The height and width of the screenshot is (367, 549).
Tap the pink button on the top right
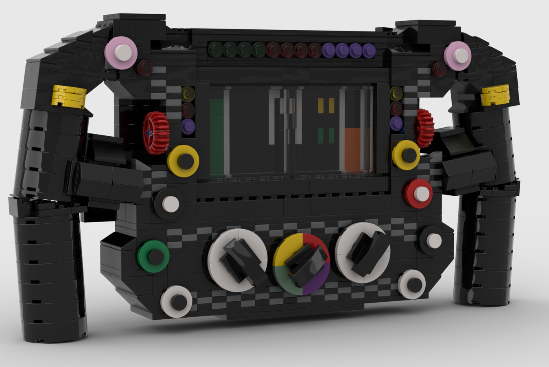pos(458,55)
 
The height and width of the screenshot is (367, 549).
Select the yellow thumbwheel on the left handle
pos(69,96)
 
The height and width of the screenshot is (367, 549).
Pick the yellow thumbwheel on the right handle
pos(495,95)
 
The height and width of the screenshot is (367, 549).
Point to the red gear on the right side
pos(424,128)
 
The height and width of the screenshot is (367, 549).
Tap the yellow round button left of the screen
pos(184,161)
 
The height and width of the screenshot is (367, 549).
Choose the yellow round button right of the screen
pos(406,155)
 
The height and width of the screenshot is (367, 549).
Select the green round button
pos(153,256)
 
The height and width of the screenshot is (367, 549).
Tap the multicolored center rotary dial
pos(301,264)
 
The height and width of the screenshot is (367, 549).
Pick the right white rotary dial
pos(363,252)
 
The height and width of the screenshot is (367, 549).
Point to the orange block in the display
pos(357,149)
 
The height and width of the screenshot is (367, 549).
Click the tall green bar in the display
pos(217,137)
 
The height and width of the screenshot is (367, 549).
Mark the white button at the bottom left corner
pos(176,302)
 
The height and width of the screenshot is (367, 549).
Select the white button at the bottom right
pos(412,284)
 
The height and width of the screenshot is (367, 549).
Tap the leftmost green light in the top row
pos(215,50)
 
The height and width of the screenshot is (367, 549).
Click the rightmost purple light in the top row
pos(368,51)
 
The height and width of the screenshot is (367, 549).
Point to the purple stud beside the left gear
pos(188,126)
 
